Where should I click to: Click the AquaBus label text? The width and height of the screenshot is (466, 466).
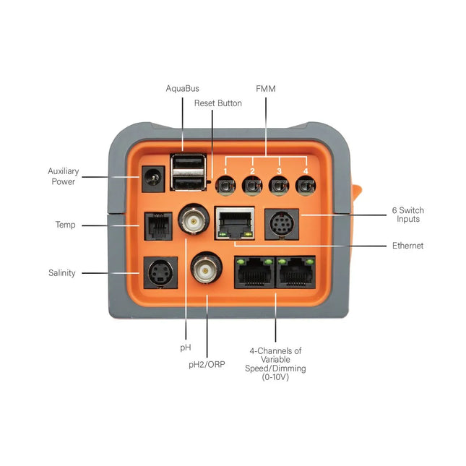[182, 88]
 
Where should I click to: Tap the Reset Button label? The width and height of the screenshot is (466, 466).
[217, 103]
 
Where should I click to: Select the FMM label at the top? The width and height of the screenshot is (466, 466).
[265, 88]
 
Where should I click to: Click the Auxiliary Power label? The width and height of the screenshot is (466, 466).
[64, 176]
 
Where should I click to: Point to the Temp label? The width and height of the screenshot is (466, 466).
[65, 225]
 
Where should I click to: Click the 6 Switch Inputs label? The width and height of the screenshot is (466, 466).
[407, 215]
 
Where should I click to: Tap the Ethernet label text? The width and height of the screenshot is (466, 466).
[407, 246]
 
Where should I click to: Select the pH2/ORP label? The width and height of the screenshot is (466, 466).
[207, 364]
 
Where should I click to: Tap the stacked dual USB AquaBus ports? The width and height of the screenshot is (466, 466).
[189, 172]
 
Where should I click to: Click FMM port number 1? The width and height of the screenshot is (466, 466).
[225, 186]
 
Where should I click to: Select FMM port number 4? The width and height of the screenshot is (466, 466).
[305, 186]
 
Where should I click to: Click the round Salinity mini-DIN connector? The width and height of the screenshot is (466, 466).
[158, 272]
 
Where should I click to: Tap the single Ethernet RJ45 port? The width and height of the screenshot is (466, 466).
[235, 223]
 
